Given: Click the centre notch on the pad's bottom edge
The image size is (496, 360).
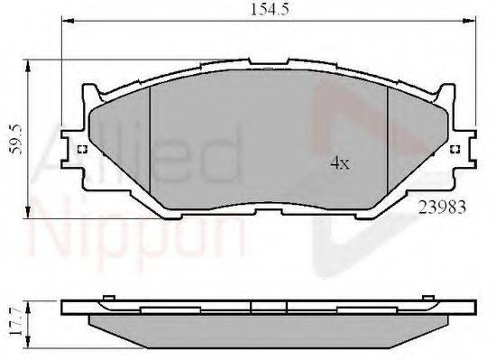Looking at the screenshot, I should pos(268,207).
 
